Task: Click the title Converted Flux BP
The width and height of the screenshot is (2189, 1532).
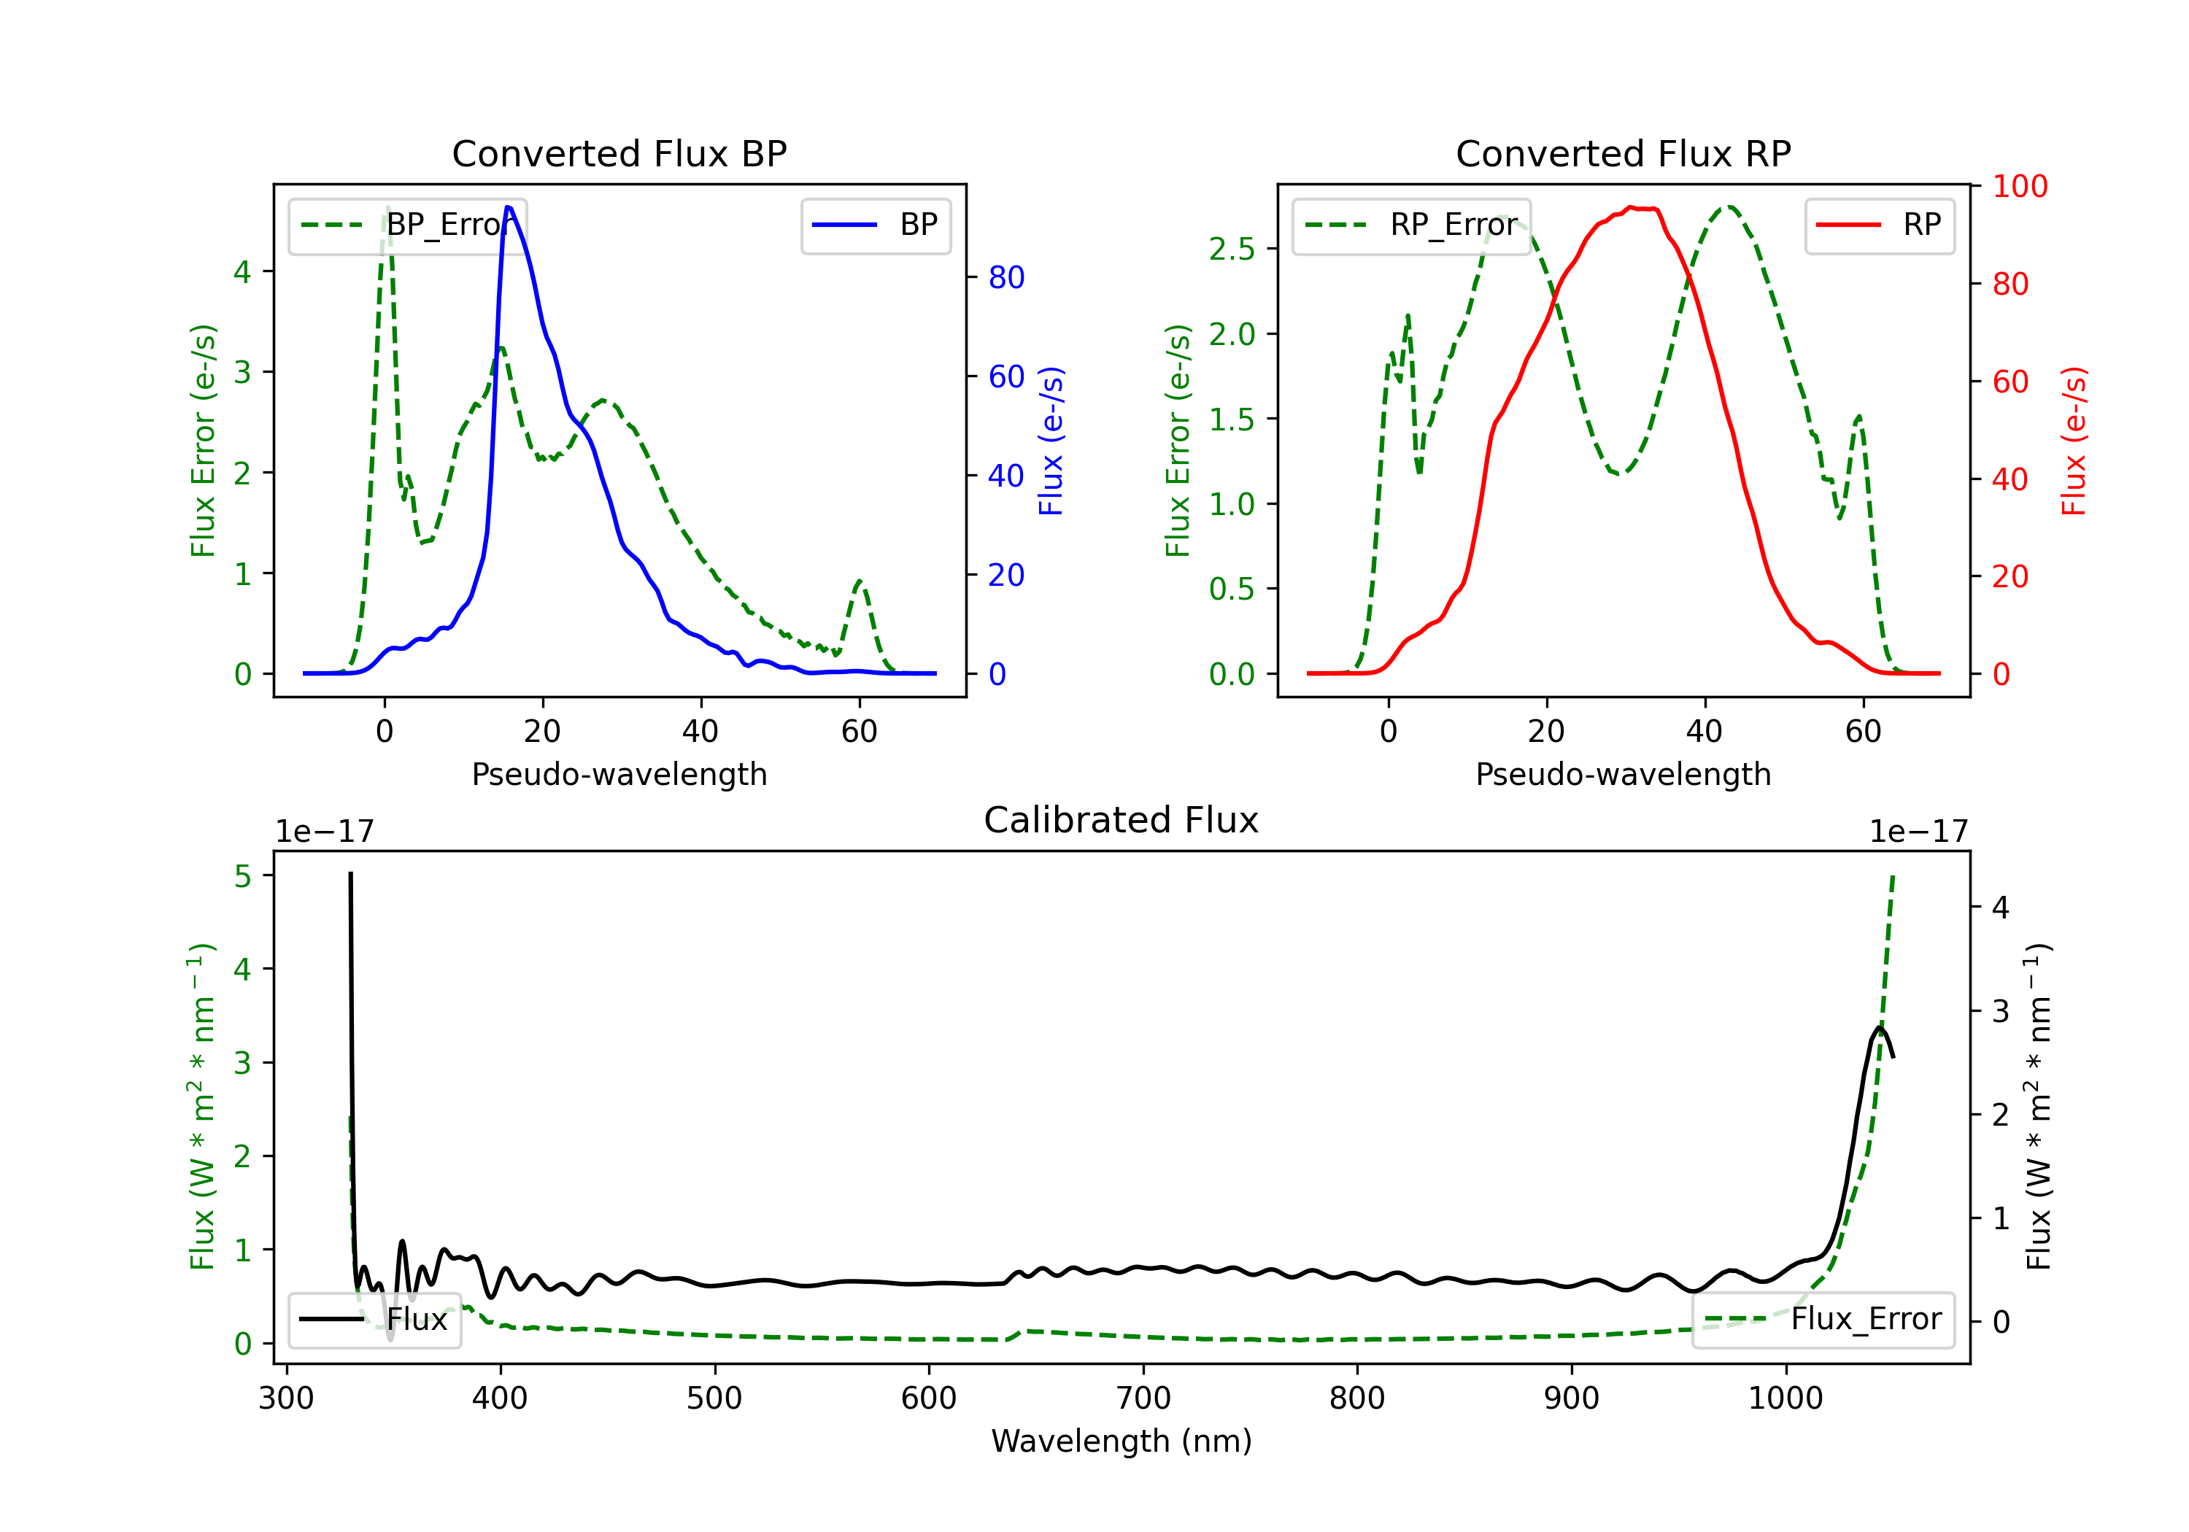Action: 619,153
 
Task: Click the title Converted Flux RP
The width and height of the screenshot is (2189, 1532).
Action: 1623,153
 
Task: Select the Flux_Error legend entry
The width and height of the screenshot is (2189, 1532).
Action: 1823,1320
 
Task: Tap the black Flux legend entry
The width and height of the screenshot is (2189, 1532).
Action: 375,1320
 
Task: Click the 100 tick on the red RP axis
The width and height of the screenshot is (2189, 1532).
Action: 2019,187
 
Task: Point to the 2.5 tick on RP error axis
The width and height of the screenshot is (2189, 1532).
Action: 1232,249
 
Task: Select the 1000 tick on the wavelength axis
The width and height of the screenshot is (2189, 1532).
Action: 1785,1398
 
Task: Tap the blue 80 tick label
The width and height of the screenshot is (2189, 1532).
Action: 1005,277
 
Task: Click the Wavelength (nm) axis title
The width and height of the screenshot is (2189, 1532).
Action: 1121,1442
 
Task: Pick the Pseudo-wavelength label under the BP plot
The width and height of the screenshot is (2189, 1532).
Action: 619,774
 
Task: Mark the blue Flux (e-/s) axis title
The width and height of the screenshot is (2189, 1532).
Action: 1051,441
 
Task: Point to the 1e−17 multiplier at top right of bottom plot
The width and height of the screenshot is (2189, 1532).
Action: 1918,832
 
